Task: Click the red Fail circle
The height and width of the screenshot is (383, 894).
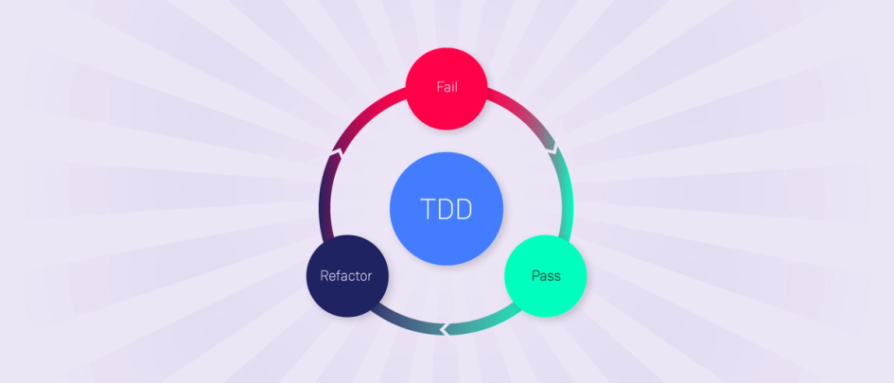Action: coord(447,88)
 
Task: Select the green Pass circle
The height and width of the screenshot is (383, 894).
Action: coord(545,275)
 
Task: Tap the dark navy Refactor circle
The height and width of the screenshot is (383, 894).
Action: coord(346,275)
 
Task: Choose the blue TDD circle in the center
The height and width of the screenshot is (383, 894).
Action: coord(447,208)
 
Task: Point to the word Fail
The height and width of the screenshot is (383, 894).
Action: coord(447,87)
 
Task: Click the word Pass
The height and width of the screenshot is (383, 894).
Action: coord(546,276)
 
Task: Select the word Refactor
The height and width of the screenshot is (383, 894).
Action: coord(346,276)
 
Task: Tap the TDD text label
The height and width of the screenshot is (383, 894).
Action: coord(447,209)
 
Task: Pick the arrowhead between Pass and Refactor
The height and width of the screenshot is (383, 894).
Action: coord(443,330)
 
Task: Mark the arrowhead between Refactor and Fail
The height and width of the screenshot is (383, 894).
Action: coord(336,149)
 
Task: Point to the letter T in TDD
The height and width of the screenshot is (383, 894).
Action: coord(428,209)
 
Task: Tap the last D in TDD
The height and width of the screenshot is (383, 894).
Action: coord(464,209)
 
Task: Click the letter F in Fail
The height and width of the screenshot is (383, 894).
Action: coord(439,87)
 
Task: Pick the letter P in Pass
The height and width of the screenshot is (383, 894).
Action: coord(535,276)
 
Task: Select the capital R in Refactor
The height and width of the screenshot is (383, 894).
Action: coord(324,276)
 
